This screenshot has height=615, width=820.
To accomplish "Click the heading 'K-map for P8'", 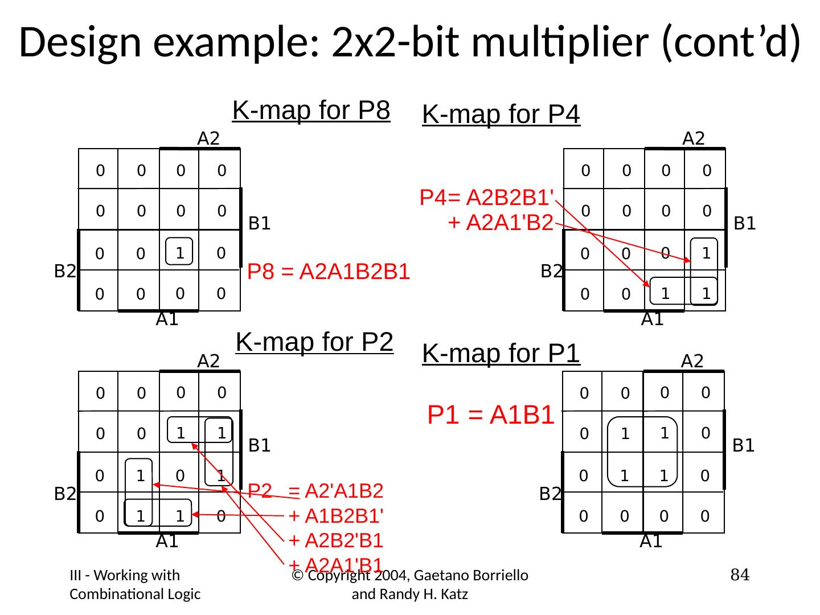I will click(x=311, y=110).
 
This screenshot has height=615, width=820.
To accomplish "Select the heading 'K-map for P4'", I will click(x=501, y=114).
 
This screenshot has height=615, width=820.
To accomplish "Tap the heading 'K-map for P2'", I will click(x=314, y=342).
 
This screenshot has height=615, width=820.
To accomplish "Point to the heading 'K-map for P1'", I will click(x=501, y=354).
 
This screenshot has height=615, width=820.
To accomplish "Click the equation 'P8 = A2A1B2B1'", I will click(x=329, y=272).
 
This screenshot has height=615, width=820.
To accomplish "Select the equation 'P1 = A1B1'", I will click(x=491, y=416).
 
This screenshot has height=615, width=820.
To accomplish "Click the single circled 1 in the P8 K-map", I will click(x=179, y=252).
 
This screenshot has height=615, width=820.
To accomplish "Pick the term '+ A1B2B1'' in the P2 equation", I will click(x=336, y=516).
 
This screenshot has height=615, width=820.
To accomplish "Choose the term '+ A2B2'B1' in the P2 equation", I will click(x=336, y=540).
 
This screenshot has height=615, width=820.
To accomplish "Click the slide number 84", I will click(x=739, y=576).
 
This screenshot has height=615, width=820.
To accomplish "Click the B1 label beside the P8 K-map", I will click(x=260, y=224).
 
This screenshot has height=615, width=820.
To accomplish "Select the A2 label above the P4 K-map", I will click(x=694, y=138).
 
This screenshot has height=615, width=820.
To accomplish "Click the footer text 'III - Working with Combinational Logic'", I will click(x=135, y=585).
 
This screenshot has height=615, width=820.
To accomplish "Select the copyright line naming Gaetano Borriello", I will click(x=410, y=585).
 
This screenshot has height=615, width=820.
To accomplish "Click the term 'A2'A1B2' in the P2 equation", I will click(x=344, y=490).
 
